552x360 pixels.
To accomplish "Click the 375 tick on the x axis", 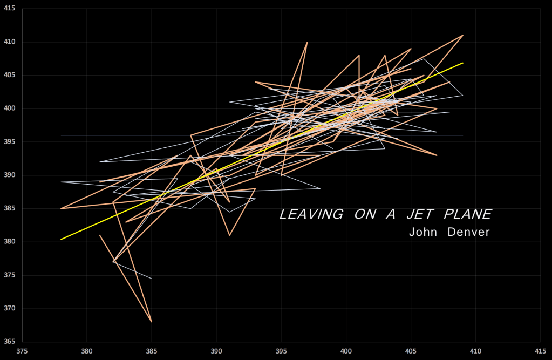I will (x=22, y=349).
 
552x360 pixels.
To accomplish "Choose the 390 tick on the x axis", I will (x=216, y=349).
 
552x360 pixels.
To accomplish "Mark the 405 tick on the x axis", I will (x=411, y=349).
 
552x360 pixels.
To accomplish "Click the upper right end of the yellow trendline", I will (x=462, y=63).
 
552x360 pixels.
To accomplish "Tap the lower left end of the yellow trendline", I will (x=61, y=239).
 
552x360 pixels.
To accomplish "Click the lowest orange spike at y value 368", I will (x=152, y=322).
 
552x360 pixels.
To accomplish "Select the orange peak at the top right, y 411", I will (x=462, y=35).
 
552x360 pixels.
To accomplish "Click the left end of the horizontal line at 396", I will (x=61, y=135).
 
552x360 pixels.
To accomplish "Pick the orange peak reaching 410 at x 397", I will (x=307, y=42).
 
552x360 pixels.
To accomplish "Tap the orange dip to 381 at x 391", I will (x=229, y=235).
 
